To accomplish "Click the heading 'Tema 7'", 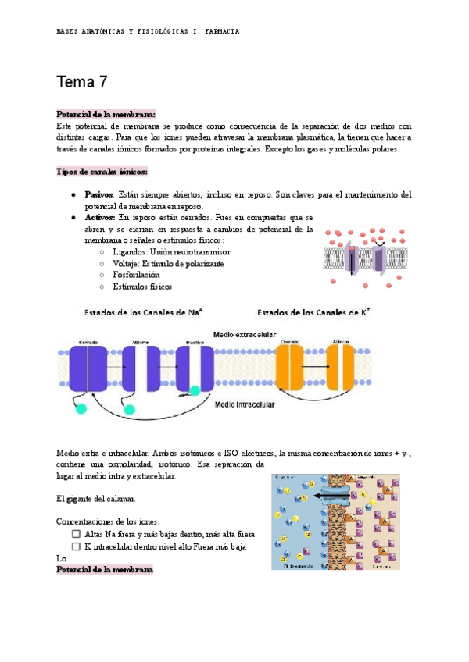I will point(82,81).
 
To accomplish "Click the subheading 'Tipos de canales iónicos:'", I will point(102,171).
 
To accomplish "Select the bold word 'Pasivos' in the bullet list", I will point(98,194).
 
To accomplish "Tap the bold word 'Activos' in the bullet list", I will point(99,217).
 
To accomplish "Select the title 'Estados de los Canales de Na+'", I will point(144,311).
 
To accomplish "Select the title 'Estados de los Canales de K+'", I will point(313,311).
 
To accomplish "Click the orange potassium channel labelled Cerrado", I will point(289,366).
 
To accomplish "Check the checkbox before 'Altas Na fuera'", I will point(77,533).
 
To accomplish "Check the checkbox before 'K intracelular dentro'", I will point(77,546).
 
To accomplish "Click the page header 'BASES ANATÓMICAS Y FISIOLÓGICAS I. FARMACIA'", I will point(149,31).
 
